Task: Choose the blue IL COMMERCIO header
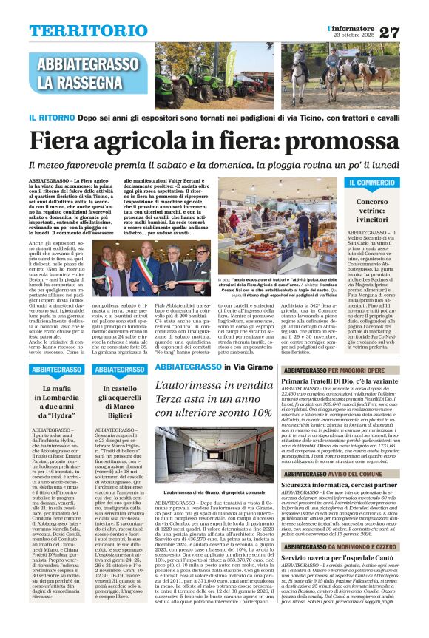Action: (373, 182)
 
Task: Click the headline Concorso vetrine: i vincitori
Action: (372, 210)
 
